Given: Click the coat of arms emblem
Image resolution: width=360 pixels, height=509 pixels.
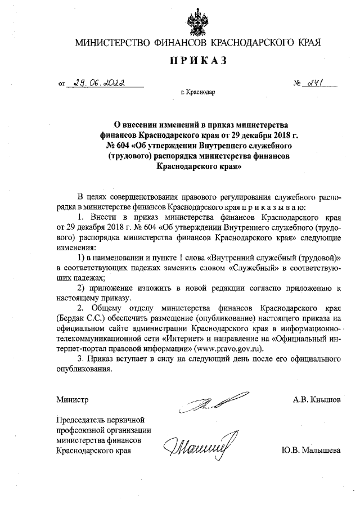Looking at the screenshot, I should click(x=197, y=21).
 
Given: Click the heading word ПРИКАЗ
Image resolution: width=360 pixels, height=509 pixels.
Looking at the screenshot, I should click(x=197, y=61).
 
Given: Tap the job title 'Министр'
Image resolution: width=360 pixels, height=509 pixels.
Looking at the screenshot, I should click(x=73, y=400).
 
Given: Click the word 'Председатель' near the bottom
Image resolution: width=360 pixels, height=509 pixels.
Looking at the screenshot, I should click(x=80, y=420).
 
